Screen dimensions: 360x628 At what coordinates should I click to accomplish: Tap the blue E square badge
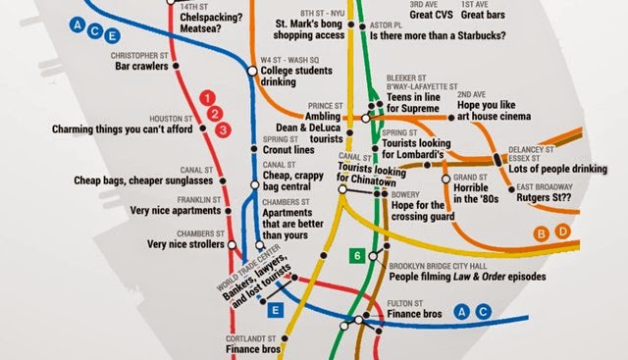click(276, 311)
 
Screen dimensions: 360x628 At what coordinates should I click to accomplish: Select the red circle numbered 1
click(206, 97)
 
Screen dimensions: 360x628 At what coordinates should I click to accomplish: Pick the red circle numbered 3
click(223, 129)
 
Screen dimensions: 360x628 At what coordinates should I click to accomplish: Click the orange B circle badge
click(540, 232)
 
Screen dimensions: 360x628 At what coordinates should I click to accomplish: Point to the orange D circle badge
click(562, 232)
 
